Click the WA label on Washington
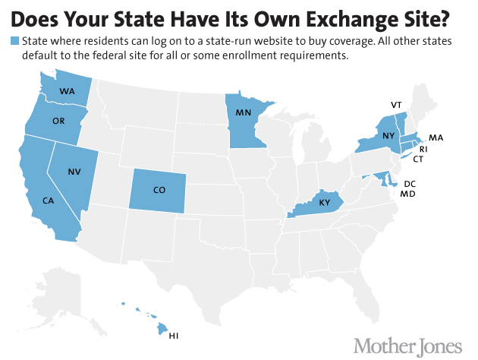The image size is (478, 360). pos(67,91)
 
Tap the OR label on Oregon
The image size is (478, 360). pos(58,121)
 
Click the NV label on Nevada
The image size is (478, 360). pos(74,172)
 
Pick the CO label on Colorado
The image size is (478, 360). pos(158,190)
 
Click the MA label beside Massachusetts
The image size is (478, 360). pos(436,137)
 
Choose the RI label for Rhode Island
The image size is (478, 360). pos(424,149)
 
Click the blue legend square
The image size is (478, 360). pos(14,40)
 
